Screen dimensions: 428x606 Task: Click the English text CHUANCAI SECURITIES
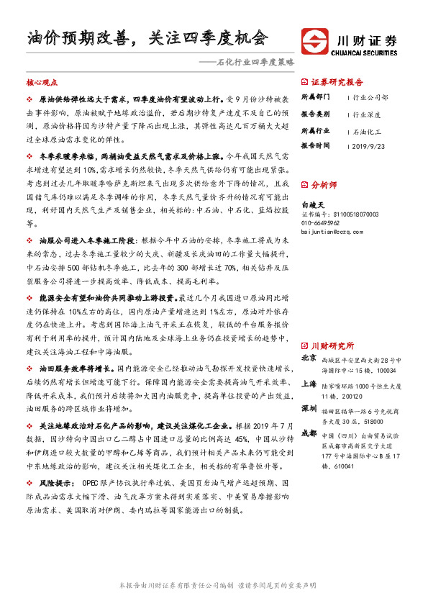click(x=365, y=52)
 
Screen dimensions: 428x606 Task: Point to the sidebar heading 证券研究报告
click(x=337, y=82)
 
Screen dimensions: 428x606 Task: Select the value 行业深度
click(x=368, y=113)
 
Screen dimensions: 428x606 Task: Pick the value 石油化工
click(x=368, y=132)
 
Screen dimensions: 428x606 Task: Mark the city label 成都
click(x=308, y=434)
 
